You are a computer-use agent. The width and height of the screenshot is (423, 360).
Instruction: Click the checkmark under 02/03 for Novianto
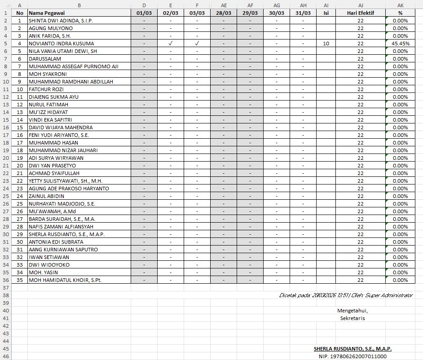click(x=171, y=44)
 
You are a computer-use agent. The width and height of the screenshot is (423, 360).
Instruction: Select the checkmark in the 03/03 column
click(x=197, y=44)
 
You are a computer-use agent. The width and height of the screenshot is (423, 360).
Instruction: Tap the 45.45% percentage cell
click(x=400, y=44)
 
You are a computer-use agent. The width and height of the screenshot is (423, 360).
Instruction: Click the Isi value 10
click(x=326, y=44)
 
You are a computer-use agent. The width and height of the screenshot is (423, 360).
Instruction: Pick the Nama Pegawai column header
click(x=45, y=13)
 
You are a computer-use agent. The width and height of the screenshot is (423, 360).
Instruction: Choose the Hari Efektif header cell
click(x=360, y=13)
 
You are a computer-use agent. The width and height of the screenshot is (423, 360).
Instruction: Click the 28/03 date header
click(x=224, y=13)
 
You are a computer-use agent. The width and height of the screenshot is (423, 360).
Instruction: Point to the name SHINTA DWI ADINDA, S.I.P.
click(x=61, y=21)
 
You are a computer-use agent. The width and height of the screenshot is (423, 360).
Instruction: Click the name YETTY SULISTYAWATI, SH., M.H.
click(x=66, y=181)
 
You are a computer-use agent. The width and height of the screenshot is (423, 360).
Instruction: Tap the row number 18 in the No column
click(x=19, y=150)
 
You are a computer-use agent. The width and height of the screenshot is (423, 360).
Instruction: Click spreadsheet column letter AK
click(x=400, y=5)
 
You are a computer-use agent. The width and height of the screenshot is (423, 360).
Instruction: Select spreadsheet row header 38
click(x=5, y=295)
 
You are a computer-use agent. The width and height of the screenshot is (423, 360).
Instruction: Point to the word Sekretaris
click(x=352, y=318)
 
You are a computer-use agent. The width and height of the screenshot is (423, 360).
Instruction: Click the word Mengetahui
click(x=352, y=311)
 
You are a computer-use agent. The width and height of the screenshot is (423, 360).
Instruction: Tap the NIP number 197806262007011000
click(x=352, y=356)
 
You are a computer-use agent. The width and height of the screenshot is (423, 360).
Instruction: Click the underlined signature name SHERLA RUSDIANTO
click(x=352, y=349)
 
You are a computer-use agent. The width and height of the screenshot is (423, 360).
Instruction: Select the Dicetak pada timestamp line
click(x=346, y=295)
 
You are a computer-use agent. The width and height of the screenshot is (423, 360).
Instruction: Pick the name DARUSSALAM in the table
click(x=44, y=59)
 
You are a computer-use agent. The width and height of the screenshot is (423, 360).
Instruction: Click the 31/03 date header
click(x=303, y=13)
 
